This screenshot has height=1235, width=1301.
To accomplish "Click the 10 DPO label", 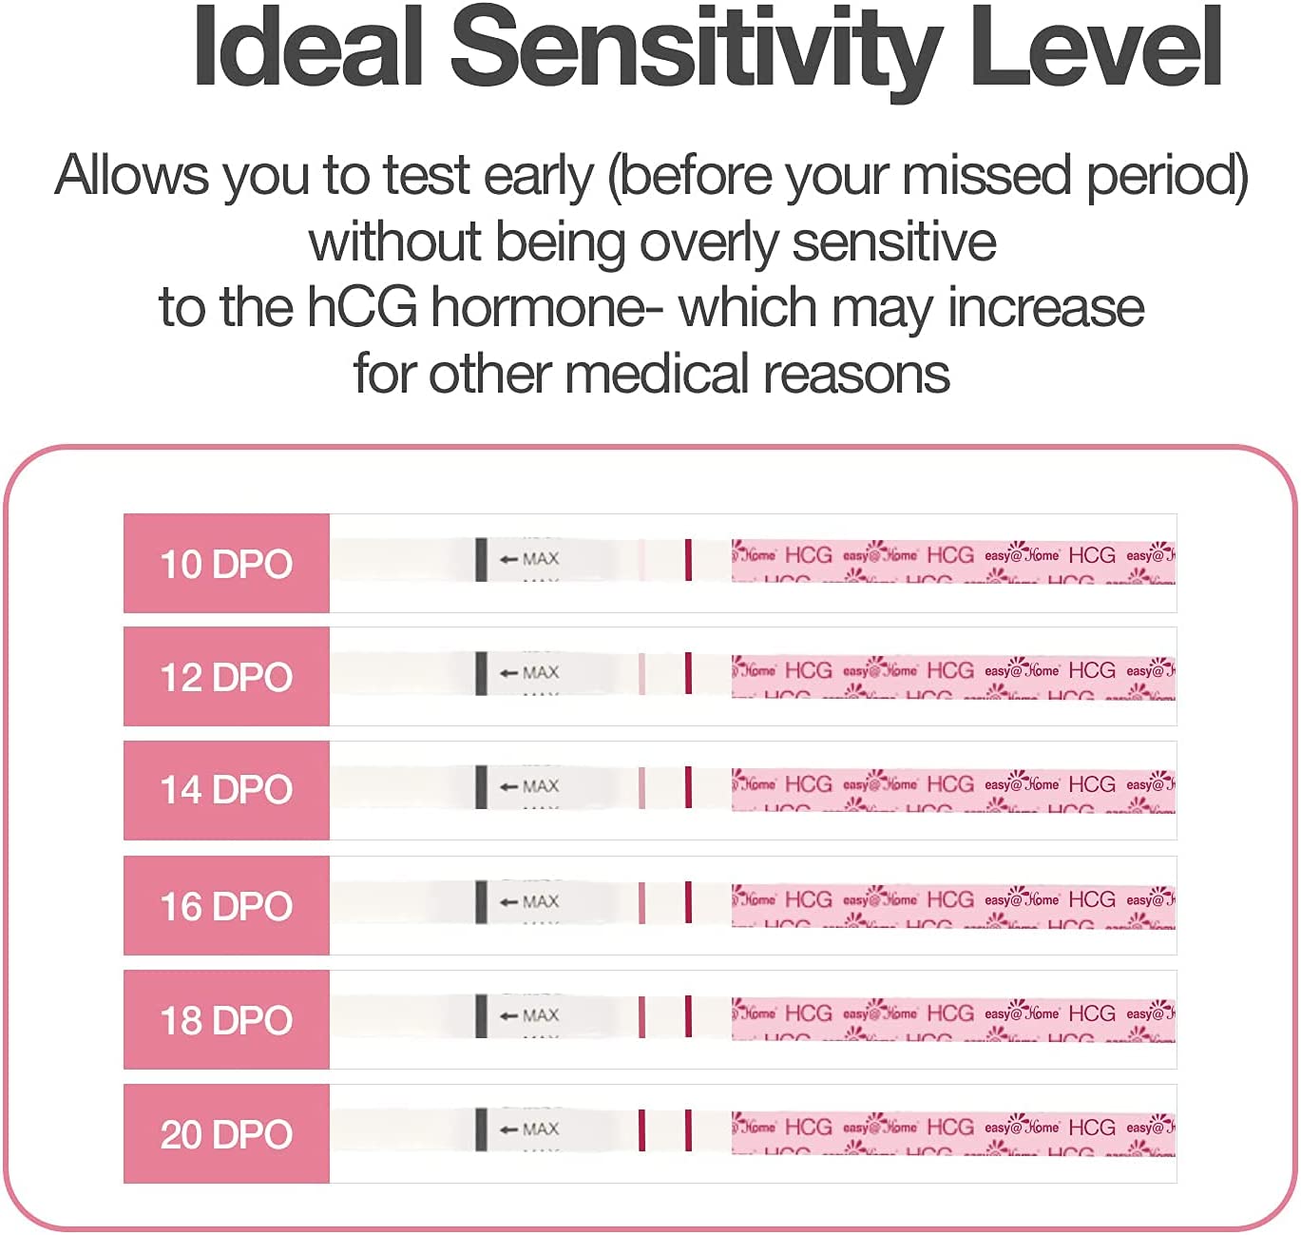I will [x=226, y=564].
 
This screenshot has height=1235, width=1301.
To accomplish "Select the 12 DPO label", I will [x=226, y=677].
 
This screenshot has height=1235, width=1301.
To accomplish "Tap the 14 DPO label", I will [x=226, y=790].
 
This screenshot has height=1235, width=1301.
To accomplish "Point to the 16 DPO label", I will [x=226, y=906].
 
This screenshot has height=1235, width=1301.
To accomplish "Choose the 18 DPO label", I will [x=226, y=1020].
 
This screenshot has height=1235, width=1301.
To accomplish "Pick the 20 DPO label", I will [x=226, y=1134].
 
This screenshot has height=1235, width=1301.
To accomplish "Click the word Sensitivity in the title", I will [x=696, y=49].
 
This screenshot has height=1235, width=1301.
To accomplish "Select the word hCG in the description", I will [x=361, y=307].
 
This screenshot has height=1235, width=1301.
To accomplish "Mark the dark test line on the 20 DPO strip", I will [x=642, y=1129].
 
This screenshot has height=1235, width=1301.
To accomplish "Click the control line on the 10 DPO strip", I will [x=688, y=559].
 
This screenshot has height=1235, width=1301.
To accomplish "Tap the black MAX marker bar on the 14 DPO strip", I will [x=481, y=787].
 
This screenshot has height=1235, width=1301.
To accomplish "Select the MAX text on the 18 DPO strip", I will [x=541, y=1015].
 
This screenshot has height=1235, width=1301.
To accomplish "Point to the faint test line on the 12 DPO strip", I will [x=642, y=673].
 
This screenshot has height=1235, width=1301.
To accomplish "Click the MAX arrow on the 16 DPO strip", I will [x=508, y=901].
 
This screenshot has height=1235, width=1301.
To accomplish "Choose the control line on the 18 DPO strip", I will [x=688, y=1015].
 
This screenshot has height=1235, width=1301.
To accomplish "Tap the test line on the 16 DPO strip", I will [x=642, y=901].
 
